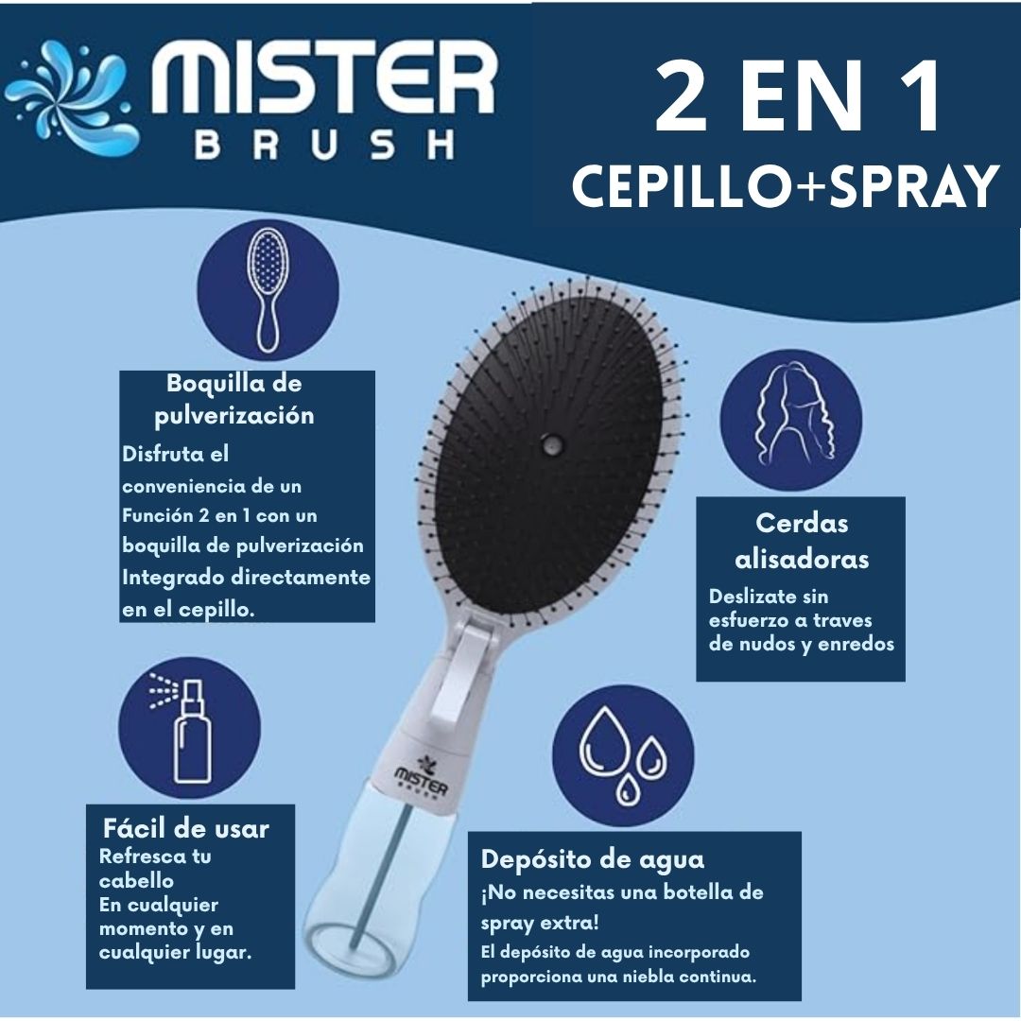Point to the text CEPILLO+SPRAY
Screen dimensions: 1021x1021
[785, 185]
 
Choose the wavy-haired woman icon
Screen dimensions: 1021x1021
[790, 420]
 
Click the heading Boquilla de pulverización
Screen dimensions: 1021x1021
[234, 399]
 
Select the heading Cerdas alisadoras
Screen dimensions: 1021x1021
[802, 541]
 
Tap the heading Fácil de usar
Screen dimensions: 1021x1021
[185, 829]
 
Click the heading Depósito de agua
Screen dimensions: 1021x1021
[593, 859]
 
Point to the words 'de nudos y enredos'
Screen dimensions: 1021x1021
[801, 644]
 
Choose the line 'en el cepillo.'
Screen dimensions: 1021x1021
[189, 610]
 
